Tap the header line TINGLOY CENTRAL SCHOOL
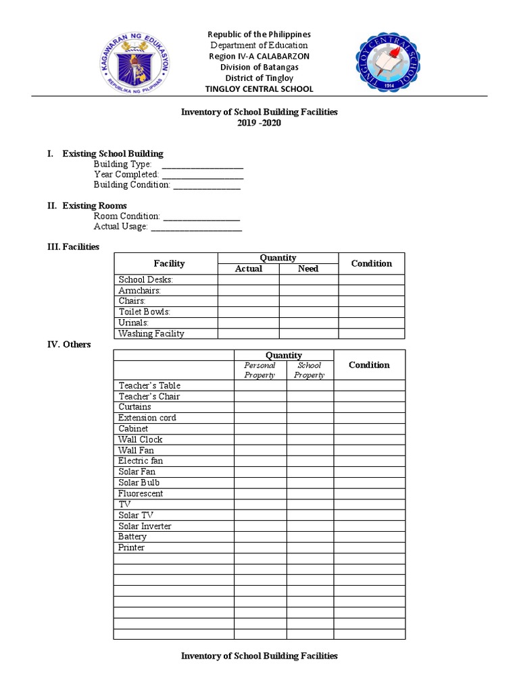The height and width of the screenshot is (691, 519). [259, 89]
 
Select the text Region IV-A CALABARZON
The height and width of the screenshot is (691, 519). [259, 56]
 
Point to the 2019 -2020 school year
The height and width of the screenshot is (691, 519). [259, 123]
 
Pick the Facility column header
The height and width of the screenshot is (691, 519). [169, 263]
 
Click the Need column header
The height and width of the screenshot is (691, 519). [308, 269]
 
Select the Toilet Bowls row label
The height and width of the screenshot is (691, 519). [144, 312]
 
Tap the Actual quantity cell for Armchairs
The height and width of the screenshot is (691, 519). [248, 290]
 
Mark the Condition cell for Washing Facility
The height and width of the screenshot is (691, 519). [371, 333]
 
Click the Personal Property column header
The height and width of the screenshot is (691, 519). [259, 370]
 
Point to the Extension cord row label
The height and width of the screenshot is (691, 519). [147, 418]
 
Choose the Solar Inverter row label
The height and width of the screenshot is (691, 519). [145, 526]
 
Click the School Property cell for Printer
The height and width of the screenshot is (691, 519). [310, 547]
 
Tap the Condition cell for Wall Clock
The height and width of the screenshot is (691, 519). [369, 439]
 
